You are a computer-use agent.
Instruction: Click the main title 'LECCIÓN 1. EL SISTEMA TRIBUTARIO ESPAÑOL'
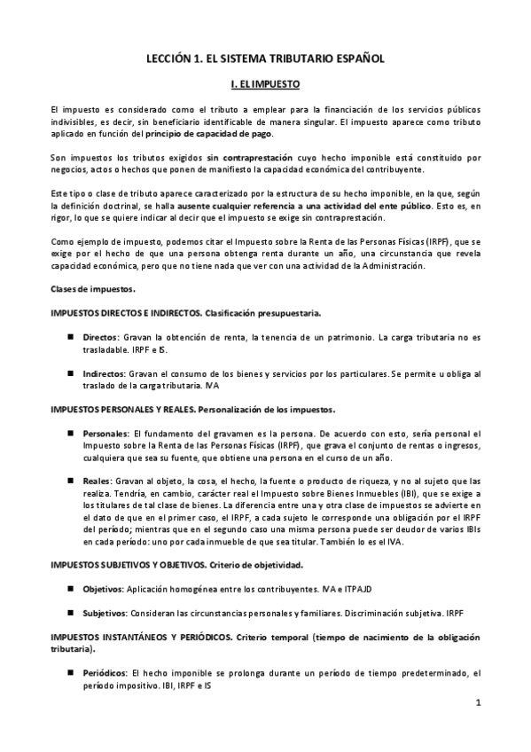265,58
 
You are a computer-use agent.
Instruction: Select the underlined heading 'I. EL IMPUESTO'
265,85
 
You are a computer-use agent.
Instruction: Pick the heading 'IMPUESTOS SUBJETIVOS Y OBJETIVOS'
129,564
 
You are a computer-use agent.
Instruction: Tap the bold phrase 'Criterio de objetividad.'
255,564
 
